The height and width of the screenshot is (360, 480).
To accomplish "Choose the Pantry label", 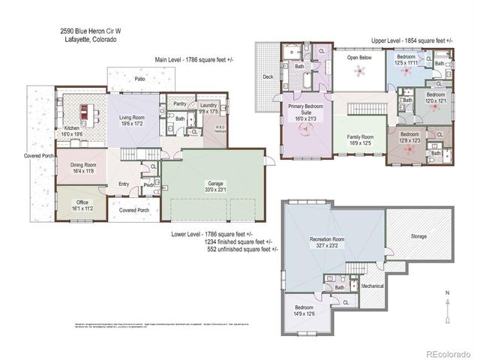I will click(x=178, y=103).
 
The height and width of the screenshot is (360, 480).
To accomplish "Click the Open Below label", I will click(x=360, y=58).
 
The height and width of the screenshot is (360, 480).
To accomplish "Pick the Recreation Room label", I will click(x=333, y=241).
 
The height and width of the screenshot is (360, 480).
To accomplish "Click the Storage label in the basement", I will click(x=418, y=236).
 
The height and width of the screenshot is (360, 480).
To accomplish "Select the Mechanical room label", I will click(x=373, y=286).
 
